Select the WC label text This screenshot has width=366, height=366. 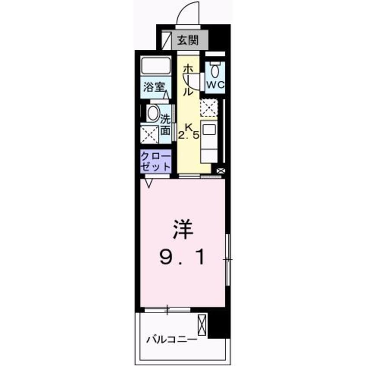coord(215,85)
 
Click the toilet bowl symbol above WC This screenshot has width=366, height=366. coord(215,69)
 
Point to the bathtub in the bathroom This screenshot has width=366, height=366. coord(156,66)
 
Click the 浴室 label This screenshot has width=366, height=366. coord(154,86)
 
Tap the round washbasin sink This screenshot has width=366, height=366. coord(153,113)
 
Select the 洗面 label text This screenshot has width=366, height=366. coord(166,123)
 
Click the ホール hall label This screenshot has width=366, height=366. coord(188,80)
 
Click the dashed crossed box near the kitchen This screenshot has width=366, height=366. coord(209,108)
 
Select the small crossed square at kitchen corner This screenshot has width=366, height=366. coord(220,171)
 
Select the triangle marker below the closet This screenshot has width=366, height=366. coord(149,183)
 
